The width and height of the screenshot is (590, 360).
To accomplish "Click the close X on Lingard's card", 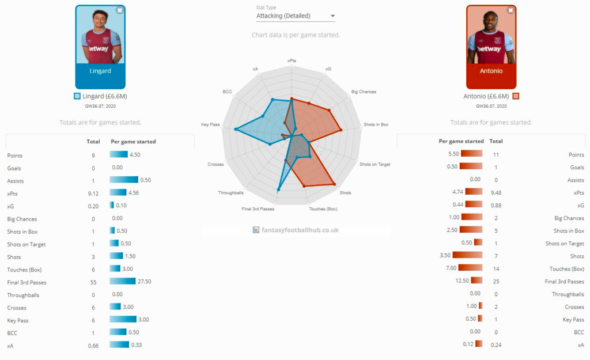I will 119,10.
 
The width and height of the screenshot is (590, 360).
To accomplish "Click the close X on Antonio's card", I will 510,10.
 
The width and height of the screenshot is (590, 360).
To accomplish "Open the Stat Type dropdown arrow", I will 332,16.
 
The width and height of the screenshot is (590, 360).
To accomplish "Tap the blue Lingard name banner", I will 100,71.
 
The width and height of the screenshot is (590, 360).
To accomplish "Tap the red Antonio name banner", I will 491,71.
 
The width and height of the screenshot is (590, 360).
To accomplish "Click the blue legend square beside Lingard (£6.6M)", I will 77,96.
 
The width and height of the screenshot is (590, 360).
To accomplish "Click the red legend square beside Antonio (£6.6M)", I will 516,96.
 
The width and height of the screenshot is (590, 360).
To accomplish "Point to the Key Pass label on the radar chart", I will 210,124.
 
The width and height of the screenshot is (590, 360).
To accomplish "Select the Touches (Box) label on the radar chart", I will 323,209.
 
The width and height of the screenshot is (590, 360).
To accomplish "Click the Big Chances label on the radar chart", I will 363,92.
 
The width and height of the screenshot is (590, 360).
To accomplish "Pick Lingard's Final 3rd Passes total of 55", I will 93,282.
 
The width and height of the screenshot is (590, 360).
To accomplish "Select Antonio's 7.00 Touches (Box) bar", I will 471,268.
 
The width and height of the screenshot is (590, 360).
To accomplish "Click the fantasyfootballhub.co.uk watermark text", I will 298,230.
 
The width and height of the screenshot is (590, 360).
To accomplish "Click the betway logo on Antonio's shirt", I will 490,49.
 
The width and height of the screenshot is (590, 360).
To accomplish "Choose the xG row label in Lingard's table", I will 10,206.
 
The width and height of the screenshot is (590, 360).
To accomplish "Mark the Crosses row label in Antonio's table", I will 574,307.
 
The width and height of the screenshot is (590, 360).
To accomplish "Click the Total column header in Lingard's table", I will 93,142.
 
